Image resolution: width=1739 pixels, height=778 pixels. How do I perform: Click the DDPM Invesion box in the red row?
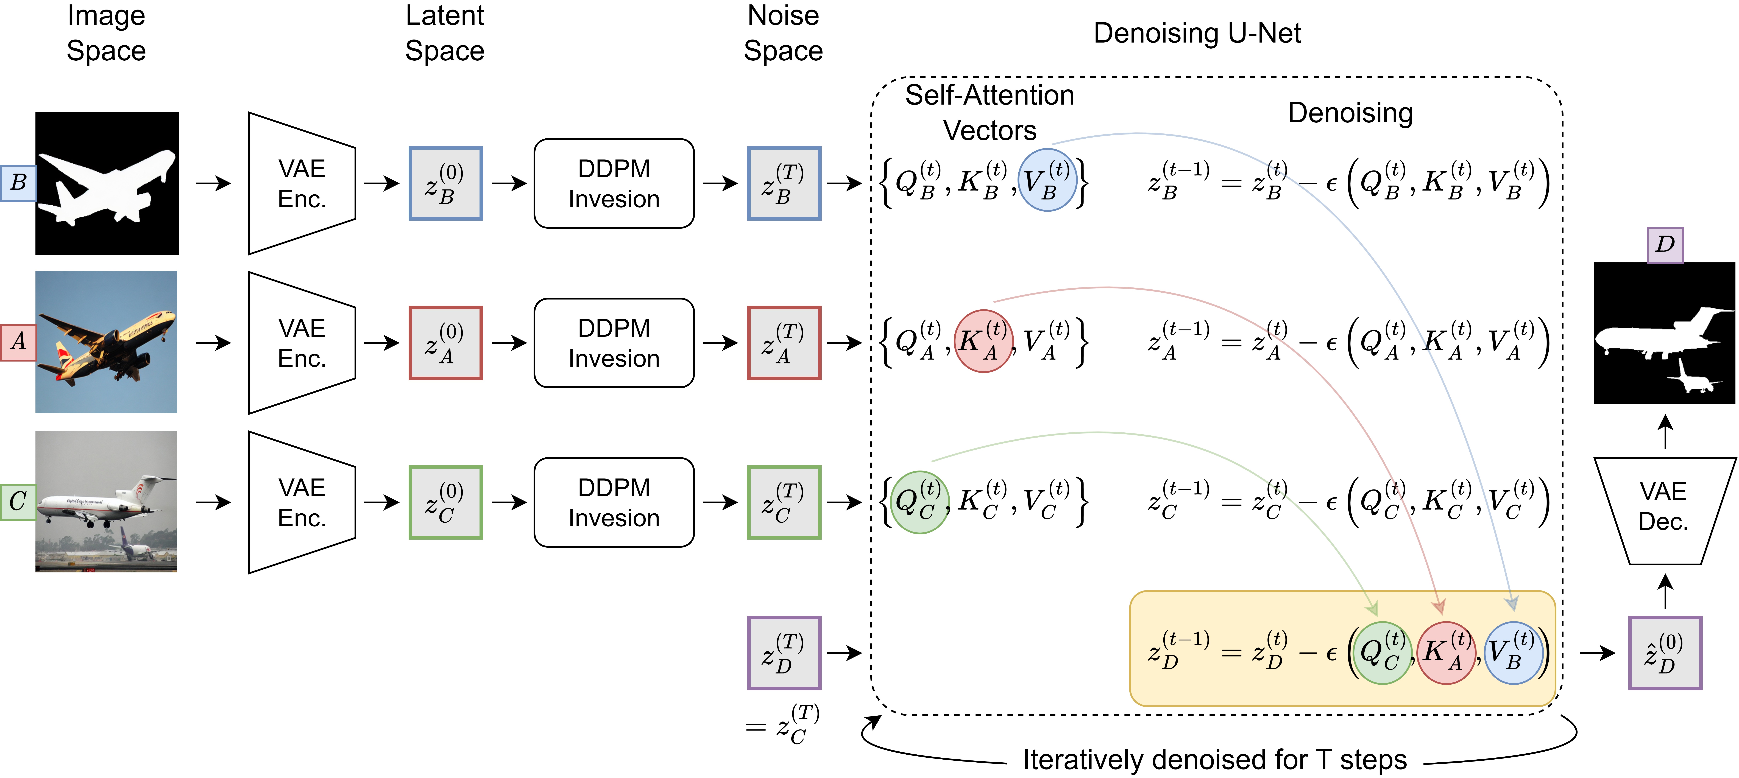[614, 343]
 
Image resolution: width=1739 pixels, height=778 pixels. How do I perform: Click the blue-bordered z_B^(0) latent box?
[445, 184]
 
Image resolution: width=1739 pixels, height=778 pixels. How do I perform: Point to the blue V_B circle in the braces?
[1047, 180]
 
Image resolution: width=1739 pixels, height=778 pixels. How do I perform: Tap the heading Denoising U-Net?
[1197, 33]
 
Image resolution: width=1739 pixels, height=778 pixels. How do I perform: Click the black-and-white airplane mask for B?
[107, 184]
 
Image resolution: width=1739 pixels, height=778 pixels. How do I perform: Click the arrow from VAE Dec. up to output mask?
[1665, 432]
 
